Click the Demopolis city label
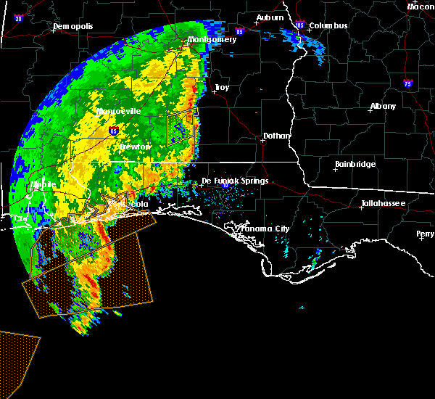(74, 27)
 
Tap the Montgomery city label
(212, 39)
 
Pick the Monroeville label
(119, 111)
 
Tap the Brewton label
(135, 147)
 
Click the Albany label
(383, 106)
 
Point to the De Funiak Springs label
(235, 181)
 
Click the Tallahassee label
(384, 204)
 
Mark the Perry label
(426, 234)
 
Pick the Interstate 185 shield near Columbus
(300, 25)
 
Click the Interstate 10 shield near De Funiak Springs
(225, 185)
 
